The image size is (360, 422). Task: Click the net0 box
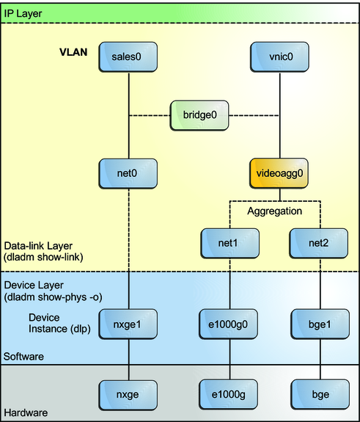[x=129, y=175]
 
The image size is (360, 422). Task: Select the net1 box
[x=229, y=241]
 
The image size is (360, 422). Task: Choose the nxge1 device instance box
[x=129, y=323]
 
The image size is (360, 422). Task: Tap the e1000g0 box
[x=229, y=323]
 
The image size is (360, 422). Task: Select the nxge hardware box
[x=129, y=393]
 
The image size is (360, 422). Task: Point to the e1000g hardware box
[x=229, y=393]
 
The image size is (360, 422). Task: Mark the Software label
[x=25, y=356]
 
